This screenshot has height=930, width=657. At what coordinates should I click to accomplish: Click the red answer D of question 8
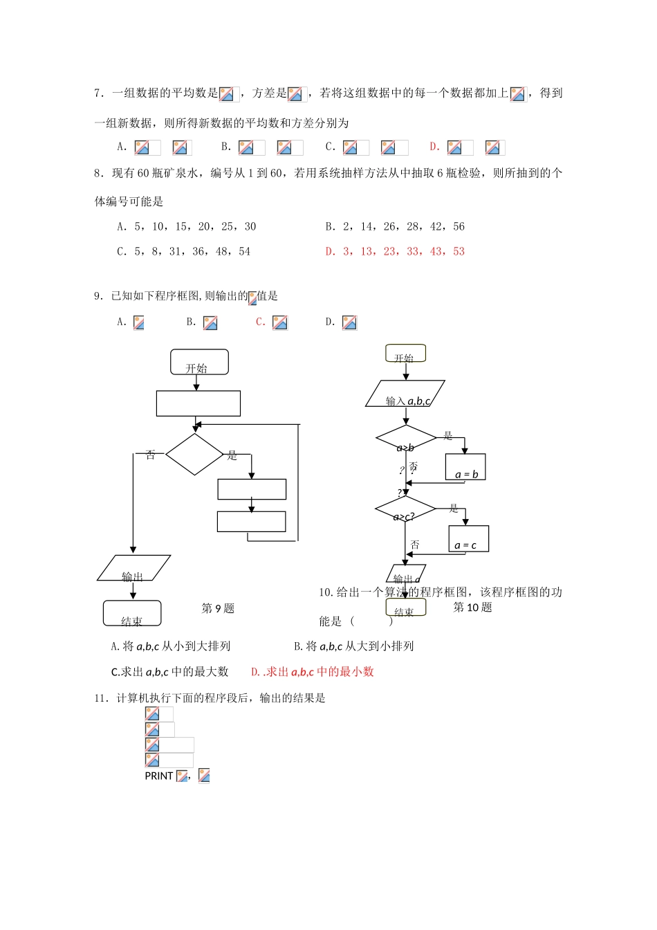pos(395,252)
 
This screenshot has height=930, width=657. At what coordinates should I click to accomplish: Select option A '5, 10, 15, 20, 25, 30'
pos(187,227)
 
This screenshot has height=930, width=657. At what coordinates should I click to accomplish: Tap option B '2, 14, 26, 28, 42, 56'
pos(395,227)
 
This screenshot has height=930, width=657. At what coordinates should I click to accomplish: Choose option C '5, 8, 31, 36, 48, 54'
pos(184,252)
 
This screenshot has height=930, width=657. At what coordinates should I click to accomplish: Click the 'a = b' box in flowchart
pos(465,467)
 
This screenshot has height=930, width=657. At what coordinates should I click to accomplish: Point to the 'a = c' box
pos(468,538)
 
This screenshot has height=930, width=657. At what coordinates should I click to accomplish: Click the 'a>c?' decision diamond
pos(405,509)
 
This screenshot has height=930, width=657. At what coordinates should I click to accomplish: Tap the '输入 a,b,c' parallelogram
pos(405,394)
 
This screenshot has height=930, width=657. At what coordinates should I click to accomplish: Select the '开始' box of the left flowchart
pos(199,362)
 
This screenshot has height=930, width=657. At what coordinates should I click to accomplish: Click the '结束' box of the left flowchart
pos(132,613)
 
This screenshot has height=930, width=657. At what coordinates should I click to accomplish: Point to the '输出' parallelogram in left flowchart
pos(133,568)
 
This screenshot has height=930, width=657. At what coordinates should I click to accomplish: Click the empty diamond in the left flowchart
pos(194,455)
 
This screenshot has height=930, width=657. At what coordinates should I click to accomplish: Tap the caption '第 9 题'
pos(218,608)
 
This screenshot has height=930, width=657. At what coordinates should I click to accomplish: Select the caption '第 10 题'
pos(472,608)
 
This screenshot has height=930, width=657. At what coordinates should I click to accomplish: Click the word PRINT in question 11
pos(159,776)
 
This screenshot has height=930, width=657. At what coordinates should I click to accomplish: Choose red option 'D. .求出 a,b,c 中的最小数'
pos(313,672)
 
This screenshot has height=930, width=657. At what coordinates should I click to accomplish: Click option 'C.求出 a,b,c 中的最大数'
pos(169,672)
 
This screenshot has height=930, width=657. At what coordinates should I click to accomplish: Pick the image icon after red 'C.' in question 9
pos(280,323)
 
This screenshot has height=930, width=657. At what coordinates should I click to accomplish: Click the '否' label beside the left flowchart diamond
pos(151,455)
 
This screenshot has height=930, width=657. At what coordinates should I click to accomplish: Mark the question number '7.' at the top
pos(100,93)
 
